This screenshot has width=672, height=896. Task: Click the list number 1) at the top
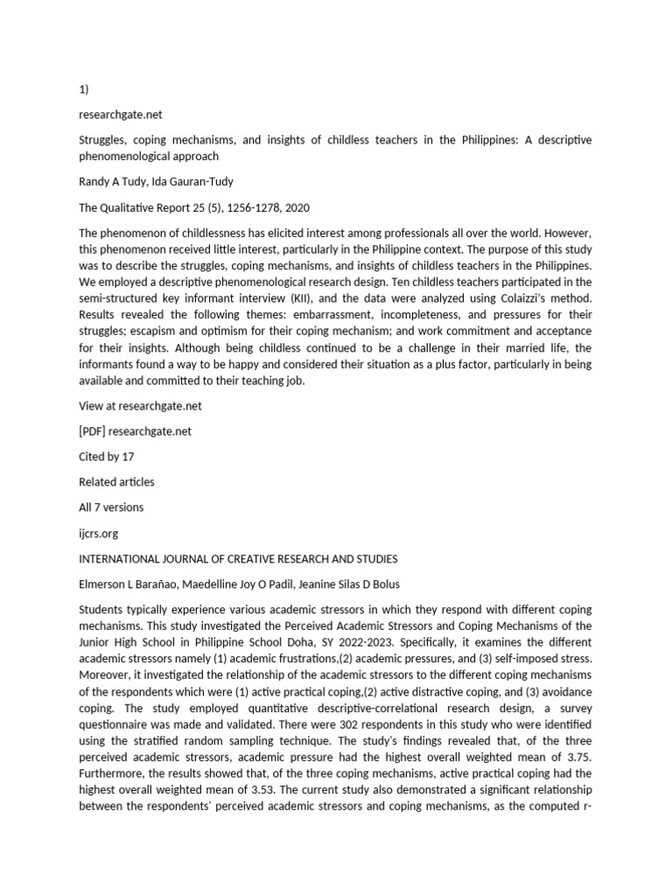pos(83,88)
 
